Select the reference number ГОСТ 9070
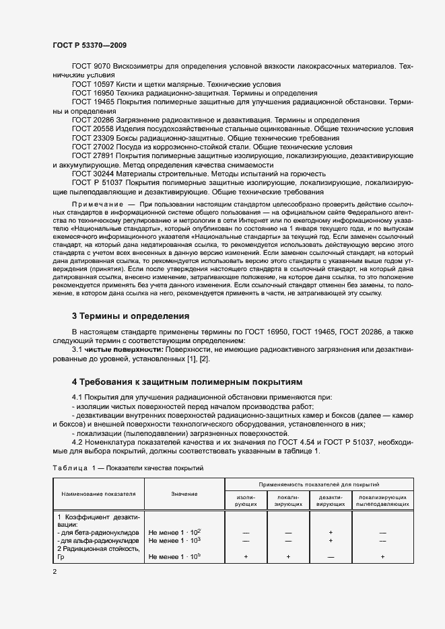[91, 66]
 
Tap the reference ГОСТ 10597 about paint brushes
[92, 83]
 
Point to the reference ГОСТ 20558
[92, 128]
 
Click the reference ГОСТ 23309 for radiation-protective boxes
[92, 137]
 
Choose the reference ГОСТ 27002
[92, 146]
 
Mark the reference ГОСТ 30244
[92, 173]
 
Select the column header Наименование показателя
[98, 493]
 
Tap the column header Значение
[184, 493]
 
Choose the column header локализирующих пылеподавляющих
[382, 500]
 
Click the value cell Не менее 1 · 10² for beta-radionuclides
[174, 531]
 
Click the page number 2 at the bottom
[54, 572]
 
